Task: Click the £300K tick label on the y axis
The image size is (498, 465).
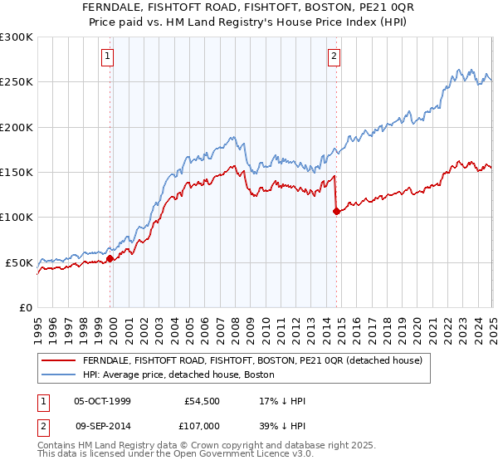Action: point(17,37)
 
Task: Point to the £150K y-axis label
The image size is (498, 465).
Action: point(17,173)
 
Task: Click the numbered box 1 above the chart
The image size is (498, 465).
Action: point(109,56)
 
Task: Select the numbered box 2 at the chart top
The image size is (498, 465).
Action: point(334,56)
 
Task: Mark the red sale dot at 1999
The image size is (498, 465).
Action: point(110,259)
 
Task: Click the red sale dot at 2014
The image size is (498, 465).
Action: point(336,211)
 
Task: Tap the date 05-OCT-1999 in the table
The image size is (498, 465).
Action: point(102,401)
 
